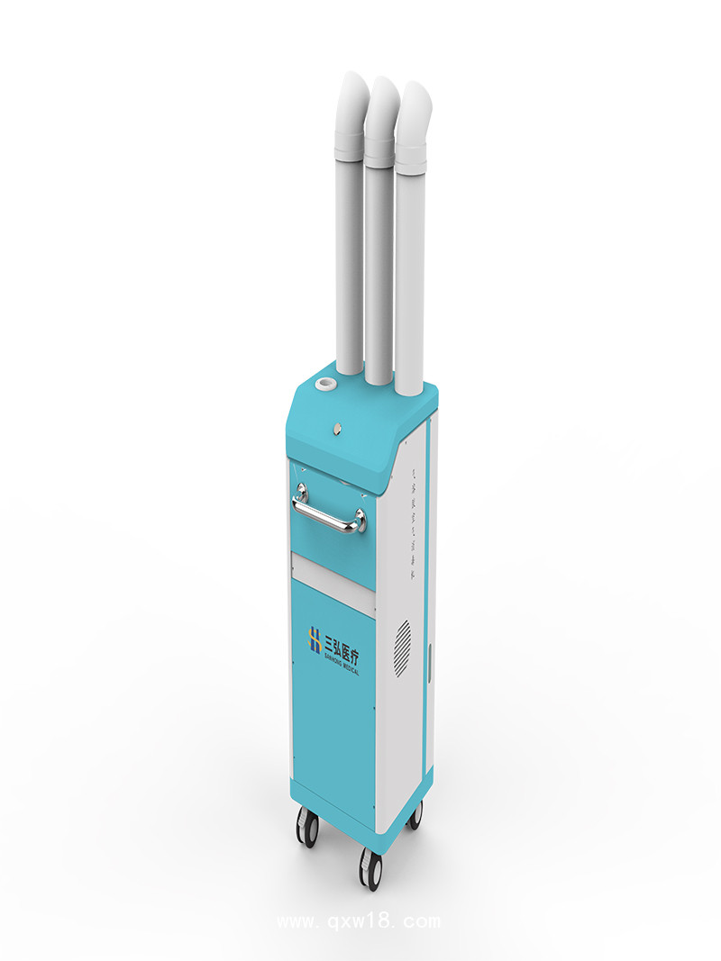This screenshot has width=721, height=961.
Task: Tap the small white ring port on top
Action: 323,386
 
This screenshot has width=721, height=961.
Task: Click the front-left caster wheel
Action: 307,826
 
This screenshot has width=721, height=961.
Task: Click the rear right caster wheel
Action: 415,814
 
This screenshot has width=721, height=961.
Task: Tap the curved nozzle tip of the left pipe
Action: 352,95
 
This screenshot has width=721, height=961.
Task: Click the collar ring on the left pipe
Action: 350,143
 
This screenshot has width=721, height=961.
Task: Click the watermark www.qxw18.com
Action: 359,921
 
